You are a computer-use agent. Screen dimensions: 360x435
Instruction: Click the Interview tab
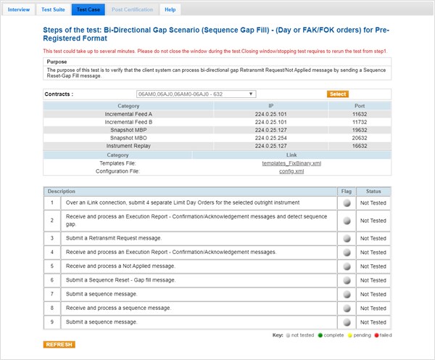(19, 9)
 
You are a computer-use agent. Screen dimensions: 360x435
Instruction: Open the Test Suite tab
(52, 9)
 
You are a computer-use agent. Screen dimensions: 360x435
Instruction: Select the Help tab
(170, 9)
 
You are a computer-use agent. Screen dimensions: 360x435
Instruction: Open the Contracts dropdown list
(196, 94)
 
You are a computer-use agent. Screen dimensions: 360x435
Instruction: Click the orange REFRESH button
(59, 344)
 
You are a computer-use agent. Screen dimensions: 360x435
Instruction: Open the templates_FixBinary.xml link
(291, 163)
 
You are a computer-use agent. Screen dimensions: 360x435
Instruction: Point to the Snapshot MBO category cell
(128, 138)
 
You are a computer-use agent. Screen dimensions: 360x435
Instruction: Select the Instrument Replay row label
(128, 146)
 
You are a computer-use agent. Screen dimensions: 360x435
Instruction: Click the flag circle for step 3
(347, 238)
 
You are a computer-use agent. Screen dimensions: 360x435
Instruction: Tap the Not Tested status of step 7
(373, 294)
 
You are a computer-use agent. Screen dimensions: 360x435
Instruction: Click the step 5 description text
(120, 266)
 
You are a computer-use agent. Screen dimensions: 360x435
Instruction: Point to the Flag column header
(347, 191)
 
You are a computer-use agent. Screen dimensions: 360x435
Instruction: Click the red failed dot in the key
(376, 336)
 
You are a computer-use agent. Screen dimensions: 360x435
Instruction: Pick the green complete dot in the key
(320, 336)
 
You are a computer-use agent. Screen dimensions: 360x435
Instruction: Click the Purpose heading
(57, 62)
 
